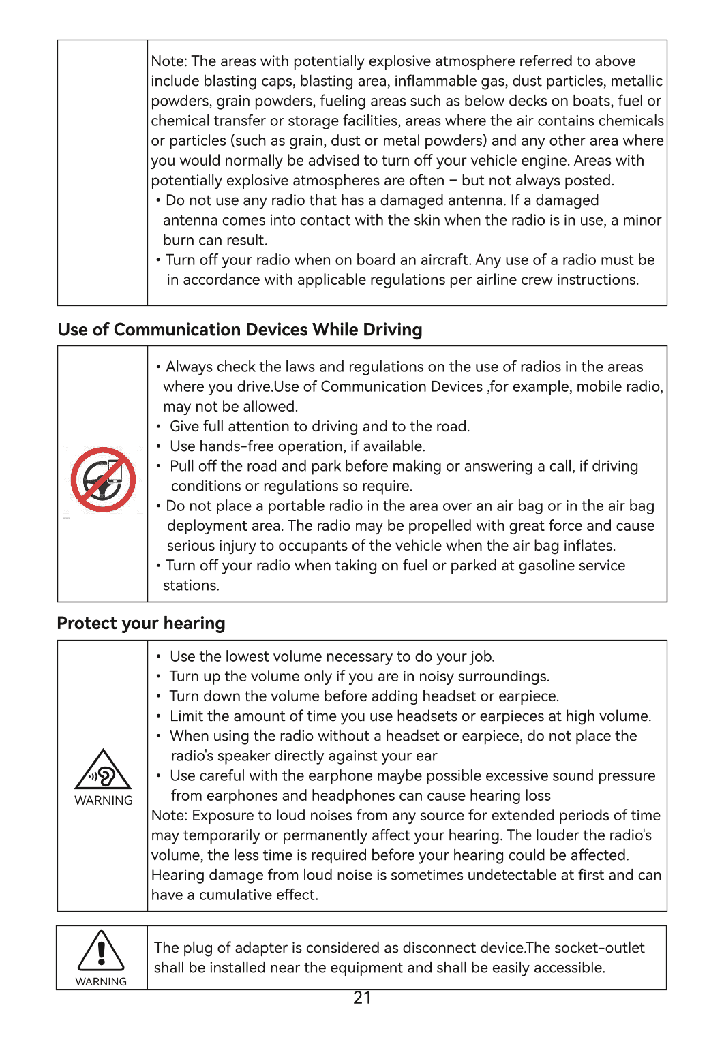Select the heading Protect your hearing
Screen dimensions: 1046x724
(141, 624)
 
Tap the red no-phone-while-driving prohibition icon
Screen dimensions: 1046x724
(103, 480)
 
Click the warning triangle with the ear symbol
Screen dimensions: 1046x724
(103, 770)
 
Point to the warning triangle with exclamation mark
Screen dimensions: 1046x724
(101, 950)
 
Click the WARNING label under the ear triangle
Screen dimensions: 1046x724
(104, 801)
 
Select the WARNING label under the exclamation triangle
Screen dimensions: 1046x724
(101, 982)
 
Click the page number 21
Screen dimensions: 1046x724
(362, 998)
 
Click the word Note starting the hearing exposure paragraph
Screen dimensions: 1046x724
(168, 816)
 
